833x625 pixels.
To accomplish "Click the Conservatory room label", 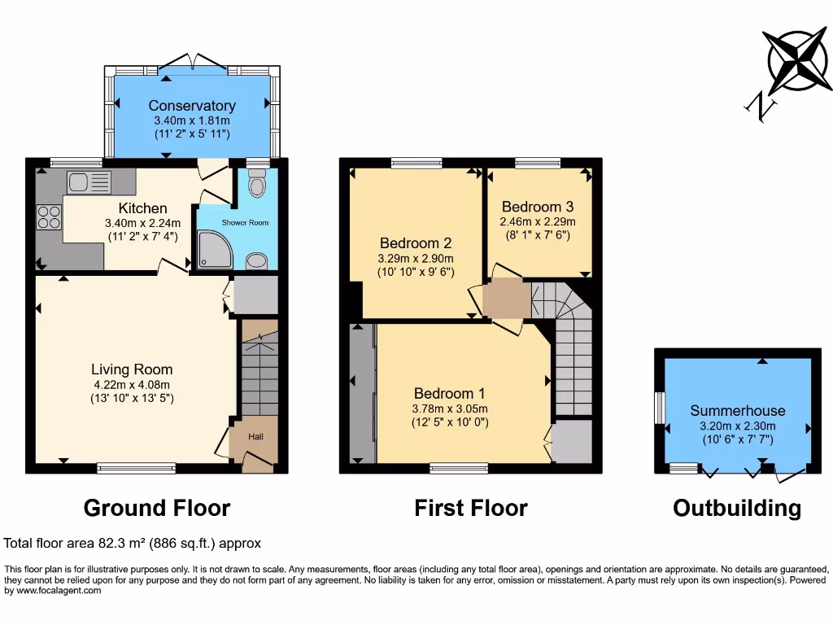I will point(192,106).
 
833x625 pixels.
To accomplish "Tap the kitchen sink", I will point(89,182).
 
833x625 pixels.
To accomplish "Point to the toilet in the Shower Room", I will point(258,186).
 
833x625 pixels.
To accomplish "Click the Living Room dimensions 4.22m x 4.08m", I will point(132,385).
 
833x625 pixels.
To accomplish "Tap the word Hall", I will point(255,437).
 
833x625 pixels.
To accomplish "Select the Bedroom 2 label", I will point(416,243).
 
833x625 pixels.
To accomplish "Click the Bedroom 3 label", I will point(538,207).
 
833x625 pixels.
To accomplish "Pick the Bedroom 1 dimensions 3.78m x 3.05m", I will point(450,409).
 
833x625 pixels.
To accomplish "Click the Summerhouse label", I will point(738,411).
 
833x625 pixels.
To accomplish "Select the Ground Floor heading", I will point(157,509).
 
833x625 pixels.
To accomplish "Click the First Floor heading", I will point(471,509).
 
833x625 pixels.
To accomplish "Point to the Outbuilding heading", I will point(737,509).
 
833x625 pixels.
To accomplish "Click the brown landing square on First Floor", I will point(506,298).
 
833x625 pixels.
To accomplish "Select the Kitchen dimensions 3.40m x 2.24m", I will point(142,223).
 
